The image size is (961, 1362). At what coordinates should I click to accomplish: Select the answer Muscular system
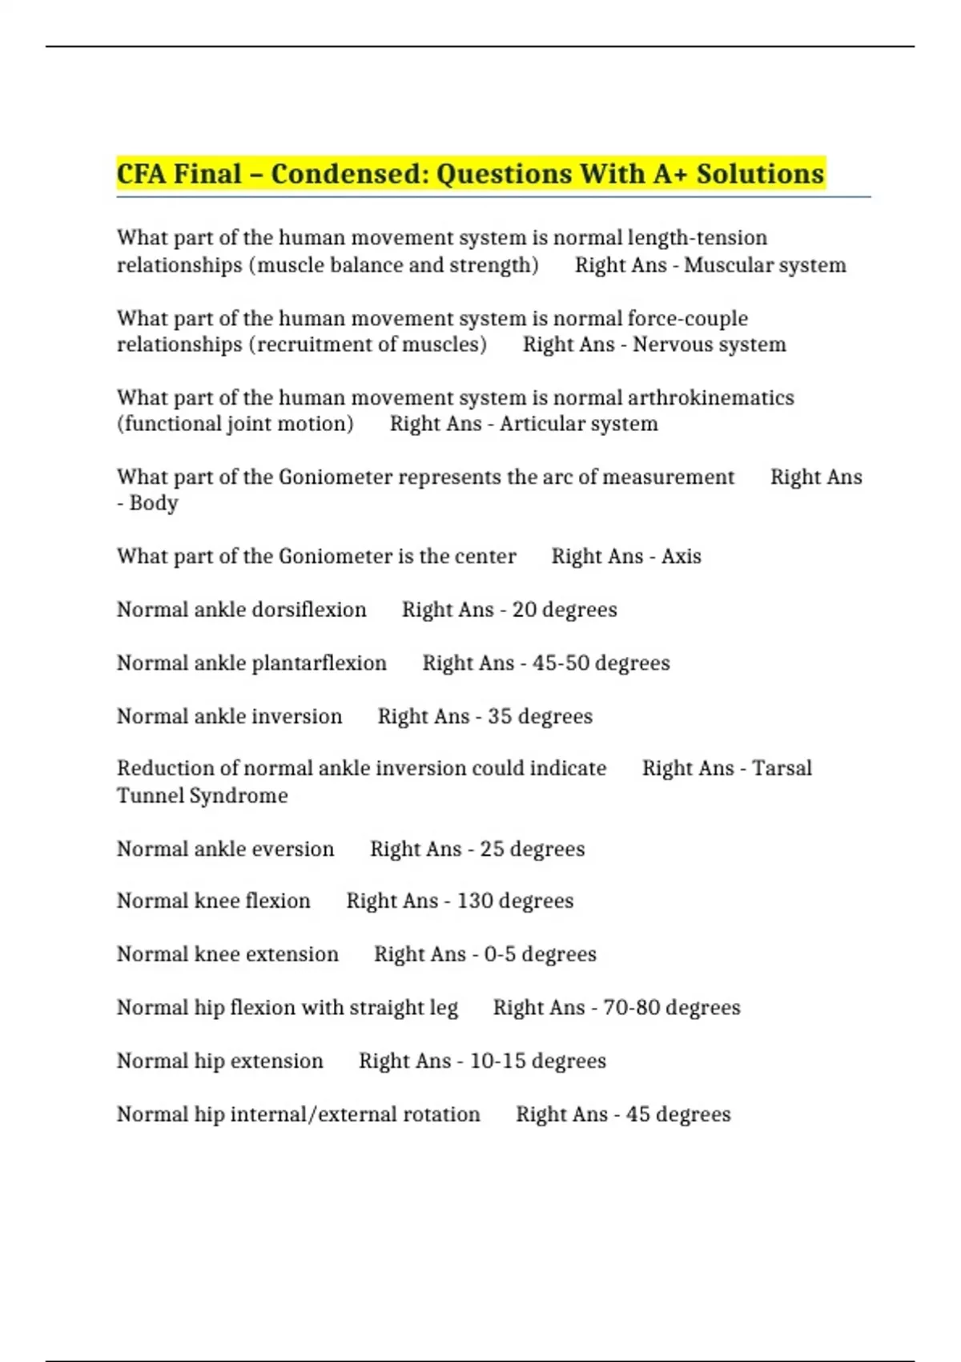pos(765,265)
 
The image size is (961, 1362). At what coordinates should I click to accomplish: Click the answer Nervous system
pos(710,345)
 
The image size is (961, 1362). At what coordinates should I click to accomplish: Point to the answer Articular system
pos(578,424)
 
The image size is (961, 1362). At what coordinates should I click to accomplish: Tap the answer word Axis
pos(681,557)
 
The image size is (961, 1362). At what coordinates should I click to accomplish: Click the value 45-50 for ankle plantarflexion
pos(561,663)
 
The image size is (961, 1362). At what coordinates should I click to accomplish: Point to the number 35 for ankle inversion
pos(500,716)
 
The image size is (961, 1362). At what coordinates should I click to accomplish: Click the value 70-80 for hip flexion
pos(631,1008)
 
